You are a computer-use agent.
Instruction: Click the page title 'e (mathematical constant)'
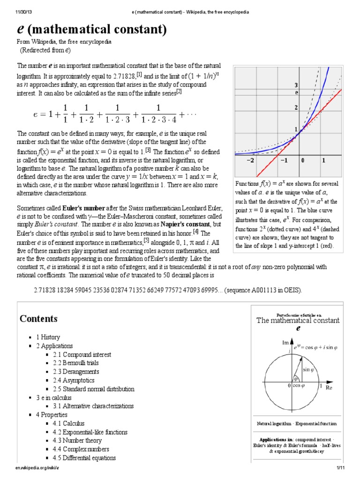(92, 30)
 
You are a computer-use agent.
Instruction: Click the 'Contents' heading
(38, 319)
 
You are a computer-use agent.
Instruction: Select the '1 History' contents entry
(48, 337)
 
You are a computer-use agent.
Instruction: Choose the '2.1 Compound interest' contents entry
(75, 354)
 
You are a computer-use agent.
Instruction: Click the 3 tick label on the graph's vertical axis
(296, 85)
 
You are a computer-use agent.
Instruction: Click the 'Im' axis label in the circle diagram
(285, 343)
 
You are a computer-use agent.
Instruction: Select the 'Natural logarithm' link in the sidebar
(274, 424)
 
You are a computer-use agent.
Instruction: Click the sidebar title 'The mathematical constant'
(296, 321)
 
